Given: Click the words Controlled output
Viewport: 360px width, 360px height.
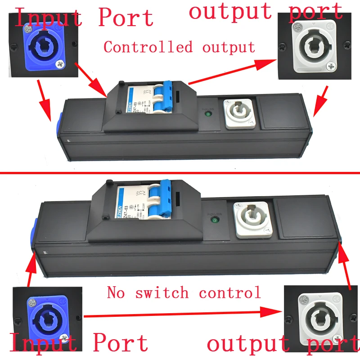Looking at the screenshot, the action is point(179,47).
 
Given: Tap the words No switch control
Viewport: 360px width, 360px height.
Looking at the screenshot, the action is point(184,293).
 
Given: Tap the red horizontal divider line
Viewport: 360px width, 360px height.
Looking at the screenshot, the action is point(180,173).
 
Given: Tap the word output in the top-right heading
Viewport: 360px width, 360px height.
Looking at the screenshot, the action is point(230,11).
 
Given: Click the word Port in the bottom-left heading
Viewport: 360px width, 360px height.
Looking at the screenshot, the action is point(120,343).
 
